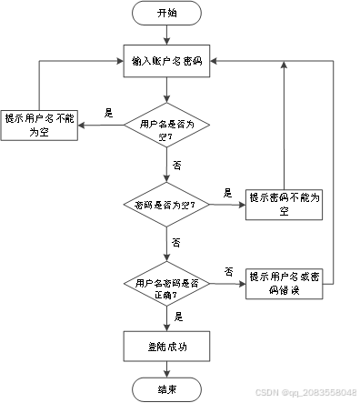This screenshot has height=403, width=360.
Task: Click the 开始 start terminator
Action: pyautogui.click(x=167, y=14)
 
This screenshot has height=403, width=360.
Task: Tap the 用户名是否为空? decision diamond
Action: pyautogui.click(x=167, y=127)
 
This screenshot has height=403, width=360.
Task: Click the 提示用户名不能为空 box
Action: pyautogui.click(x=38, y=124)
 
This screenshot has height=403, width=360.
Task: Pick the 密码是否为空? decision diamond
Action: pyautogui.click(x=167, y=206)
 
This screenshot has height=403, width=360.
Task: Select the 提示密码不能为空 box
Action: pyautogui.click(x=285, y=206)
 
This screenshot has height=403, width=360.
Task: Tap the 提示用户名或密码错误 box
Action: pyautogui.click(x=285, y=282)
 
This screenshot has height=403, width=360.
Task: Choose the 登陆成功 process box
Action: pyautogui.click(x=167, y=346)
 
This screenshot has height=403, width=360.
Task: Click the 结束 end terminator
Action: pyautogui.click(x=167, y=389)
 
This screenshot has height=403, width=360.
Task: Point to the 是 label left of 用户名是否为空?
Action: pyautogui.click(x=109, y=113)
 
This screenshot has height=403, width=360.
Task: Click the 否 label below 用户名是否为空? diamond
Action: pyautogui.click(x=175, y=166)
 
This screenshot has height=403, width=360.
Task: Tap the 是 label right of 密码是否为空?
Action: pyautogui.click(x=227, y=193)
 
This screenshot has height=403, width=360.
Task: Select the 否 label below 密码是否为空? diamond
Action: pyautogui.click(x=175, y=244)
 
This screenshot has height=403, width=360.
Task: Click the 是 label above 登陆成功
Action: pyautogui.click(x=179, y=316)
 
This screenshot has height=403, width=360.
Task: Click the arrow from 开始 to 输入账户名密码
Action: pyautogui.click(x=167, y=35)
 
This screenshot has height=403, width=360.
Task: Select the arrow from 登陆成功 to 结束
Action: pyautogui.click(x=167, y=368)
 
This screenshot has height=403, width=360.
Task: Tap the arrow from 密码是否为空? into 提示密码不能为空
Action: pyautogui.click(x=227, y=207)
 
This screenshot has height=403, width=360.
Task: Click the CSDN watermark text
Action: pyautogui.click(x=305, y=393)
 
